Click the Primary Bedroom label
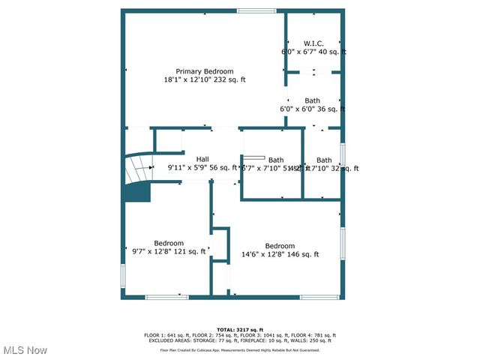tap(205, 71)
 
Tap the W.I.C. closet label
tap(313, 43)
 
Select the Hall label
tap(202, 159)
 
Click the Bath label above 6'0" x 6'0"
tap(313, 100)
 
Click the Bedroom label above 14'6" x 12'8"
tap(280, 246)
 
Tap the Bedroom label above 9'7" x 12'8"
tap(169, 243)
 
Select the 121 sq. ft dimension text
tap(190, 252)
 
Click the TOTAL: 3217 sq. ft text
tap(240, 330)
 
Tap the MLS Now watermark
tap(25, 350)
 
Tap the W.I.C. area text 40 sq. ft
tap(332, 52)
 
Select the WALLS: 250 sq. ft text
tap(317, 340)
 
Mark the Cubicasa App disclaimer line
tap(240, 349)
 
